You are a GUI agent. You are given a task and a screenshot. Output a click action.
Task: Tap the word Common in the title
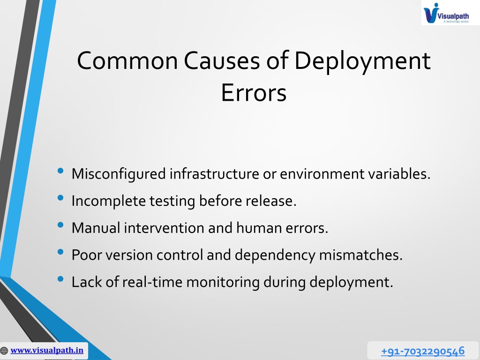127,60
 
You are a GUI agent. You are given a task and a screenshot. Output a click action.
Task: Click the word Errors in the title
254,92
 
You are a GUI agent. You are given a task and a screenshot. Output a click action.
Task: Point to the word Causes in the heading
223,60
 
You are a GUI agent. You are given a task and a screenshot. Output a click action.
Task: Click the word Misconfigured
119,174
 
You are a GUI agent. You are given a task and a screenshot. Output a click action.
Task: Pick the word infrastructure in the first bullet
214,173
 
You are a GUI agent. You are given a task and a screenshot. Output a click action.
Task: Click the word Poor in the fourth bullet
86,255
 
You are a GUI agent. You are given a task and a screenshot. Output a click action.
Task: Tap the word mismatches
360,255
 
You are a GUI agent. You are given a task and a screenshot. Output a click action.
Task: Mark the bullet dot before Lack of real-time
60,279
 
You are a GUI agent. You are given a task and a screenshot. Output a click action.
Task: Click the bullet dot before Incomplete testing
60,198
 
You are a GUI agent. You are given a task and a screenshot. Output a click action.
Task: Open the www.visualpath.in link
47,350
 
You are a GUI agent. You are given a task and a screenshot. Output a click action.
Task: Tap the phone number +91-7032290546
423,351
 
